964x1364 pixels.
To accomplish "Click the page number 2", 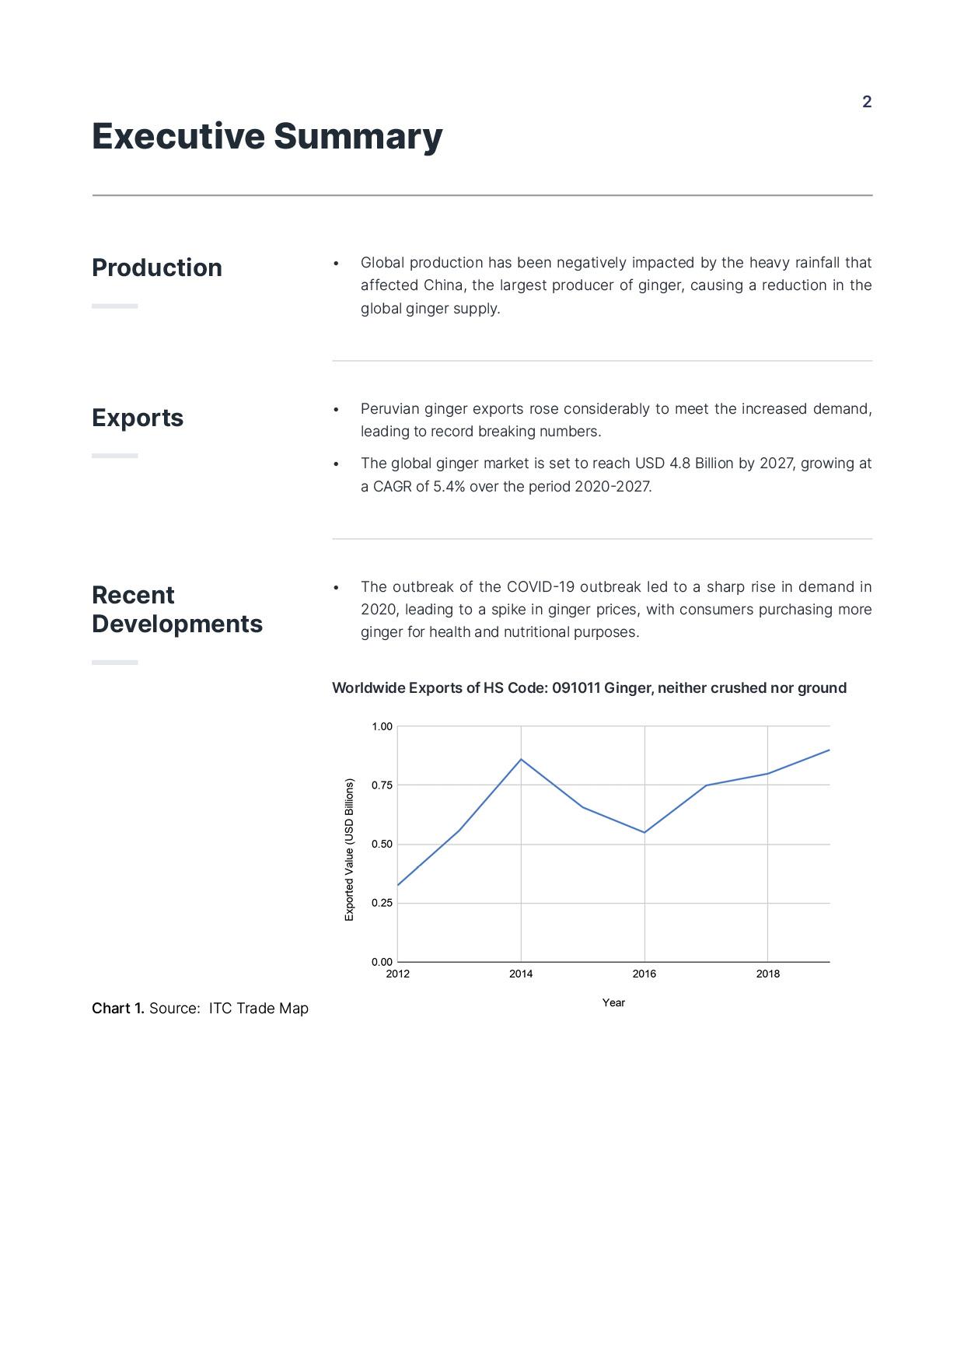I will tap(867, 102).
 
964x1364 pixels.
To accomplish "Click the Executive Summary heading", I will tap(267, 136).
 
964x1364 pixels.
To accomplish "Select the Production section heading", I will tap(157, 268).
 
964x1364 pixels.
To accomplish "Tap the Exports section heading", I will tap(138, 418).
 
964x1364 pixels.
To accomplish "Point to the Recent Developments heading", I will tap(176, 609).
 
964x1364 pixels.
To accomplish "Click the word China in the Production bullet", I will tap(442, 285).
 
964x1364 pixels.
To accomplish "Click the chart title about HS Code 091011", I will tap(589, 687).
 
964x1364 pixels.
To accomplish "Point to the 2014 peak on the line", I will tap(521, 759).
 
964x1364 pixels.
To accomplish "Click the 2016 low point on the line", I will tap(644, 832).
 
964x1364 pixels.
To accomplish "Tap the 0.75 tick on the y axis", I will tap(382, 785).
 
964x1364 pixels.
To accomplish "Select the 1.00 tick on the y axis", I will tap(382, 726).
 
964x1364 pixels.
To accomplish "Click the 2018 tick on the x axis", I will tap(767, 974).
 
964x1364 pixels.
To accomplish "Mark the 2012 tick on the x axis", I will tap(397, 974).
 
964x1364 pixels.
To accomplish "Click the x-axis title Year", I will tap(613, 1002).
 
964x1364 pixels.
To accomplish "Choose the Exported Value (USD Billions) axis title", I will tap(349, 850).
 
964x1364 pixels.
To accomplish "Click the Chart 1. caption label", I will tap(118, 1009).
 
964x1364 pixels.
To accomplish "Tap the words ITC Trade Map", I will tap(258, 1009).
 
